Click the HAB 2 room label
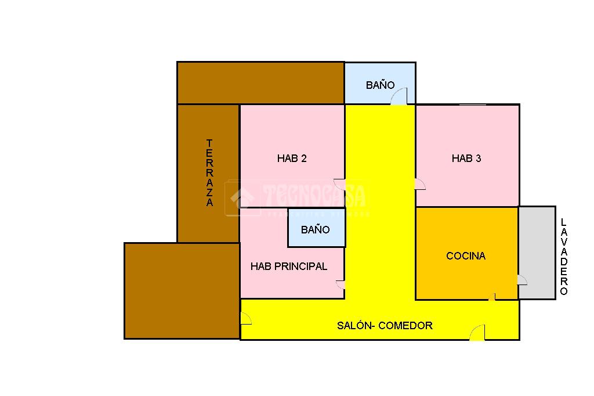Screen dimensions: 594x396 292,159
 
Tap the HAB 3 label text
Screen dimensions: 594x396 466,159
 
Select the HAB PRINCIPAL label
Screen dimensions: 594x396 289,267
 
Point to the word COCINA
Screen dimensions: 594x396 466,256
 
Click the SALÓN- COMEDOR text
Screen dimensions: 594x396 385,326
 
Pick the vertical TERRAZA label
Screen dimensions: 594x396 209,172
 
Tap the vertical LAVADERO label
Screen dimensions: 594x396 564,257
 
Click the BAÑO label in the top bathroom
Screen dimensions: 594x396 380,85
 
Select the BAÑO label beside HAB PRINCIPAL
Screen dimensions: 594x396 315,230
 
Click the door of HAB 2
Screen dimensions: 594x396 340,184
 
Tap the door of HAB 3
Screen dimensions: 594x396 420,184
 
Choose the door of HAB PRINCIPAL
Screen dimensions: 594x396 341,285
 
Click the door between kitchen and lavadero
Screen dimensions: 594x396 521,280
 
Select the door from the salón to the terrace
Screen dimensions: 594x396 245,318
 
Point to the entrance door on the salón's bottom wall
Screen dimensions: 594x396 477,333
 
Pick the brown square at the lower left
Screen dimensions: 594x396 182,290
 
